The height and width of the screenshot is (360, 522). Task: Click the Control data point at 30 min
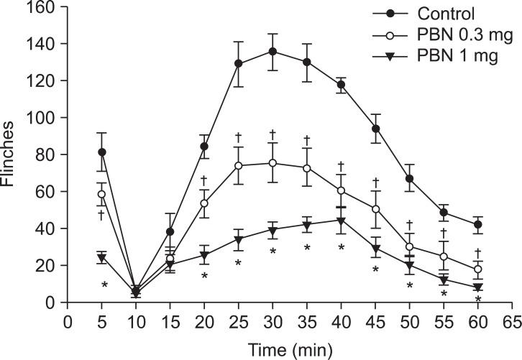pos(273,52)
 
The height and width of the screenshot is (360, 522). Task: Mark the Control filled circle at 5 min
pos(102,152)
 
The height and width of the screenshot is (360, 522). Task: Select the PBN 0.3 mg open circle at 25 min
pos(238,165)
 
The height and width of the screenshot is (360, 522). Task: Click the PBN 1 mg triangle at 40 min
pos(340,220)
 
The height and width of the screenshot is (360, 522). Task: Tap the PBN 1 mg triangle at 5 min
pos(102,257)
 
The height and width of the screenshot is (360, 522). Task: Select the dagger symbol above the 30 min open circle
pos(273,134)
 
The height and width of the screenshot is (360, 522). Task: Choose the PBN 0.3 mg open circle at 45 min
pos(374,209)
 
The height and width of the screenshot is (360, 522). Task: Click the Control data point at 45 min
pos(374,129)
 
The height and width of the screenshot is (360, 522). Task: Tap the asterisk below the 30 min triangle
pos(273,251)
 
